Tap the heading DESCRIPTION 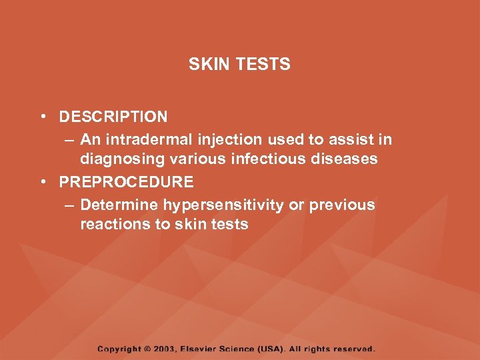(113, 117)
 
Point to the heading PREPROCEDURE (127, 181)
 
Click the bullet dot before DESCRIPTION (42, 117)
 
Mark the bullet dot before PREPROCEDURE (42, 181)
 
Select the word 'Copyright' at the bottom (119, 349)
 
